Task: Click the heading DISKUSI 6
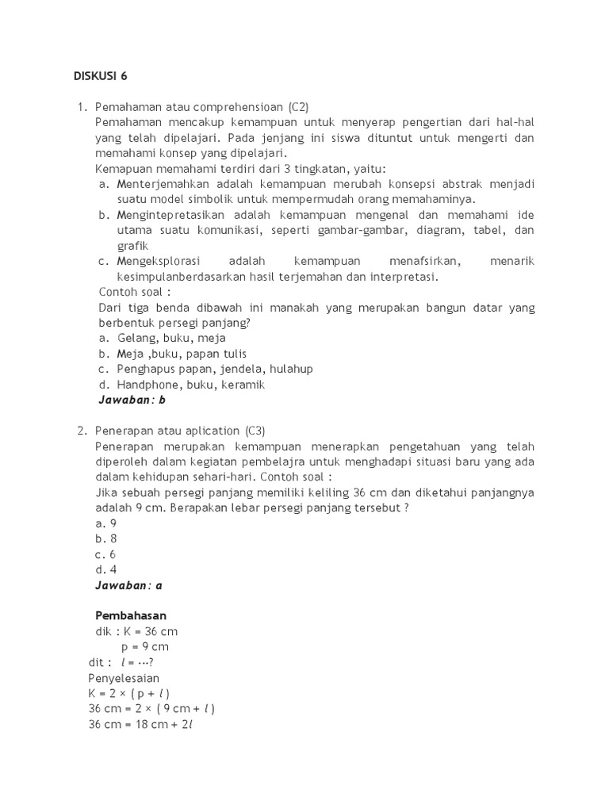tap(100, 76)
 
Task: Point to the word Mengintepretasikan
tap(171, 215)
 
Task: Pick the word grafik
tap(133, 246)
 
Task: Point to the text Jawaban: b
tap(132, 400)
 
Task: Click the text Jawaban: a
tap(130, 585)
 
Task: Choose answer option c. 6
tap(106, 554)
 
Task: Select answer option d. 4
tap(106, 569)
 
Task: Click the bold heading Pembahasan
tap(131, 615)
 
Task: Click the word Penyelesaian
tap(124, 677)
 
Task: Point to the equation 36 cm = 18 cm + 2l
tap(141, 724)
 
